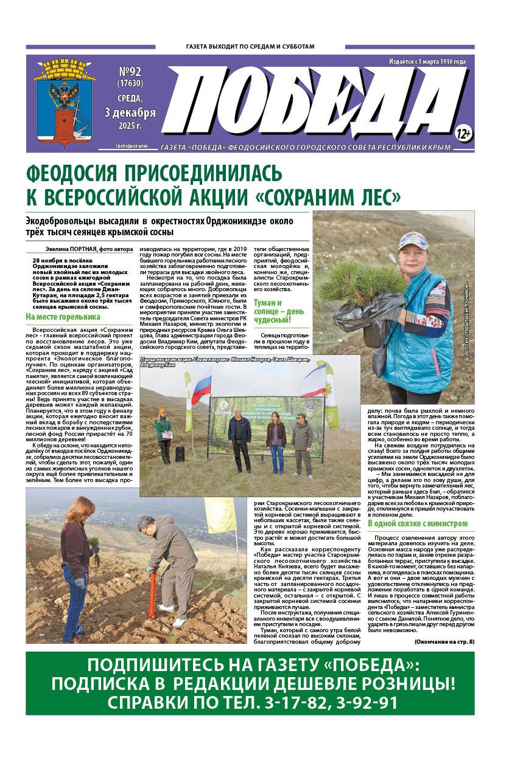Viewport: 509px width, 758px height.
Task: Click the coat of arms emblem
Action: click(x=64, y=101)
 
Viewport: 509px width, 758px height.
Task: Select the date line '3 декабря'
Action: click(x=130, y=113)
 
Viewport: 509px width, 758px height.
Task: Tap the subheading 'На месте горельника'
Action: click(x=63, y=317)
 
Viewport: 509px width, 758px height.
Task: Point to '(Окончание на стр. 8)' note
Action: click(x=444, y=641)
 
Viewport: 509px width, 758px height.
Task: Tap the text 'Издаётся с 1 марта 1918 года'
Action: click(x=427, y=61)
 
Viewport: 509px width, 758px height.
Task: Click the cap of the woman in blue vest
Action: click(x=413, y=241)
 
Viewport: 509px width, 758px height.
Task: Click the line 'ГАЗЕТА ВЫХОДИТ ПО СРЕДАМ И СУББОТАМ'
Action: click(x=250, y=47)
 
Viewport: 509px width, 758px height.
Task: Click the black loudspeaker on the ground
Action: click(x=180, y=453)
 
